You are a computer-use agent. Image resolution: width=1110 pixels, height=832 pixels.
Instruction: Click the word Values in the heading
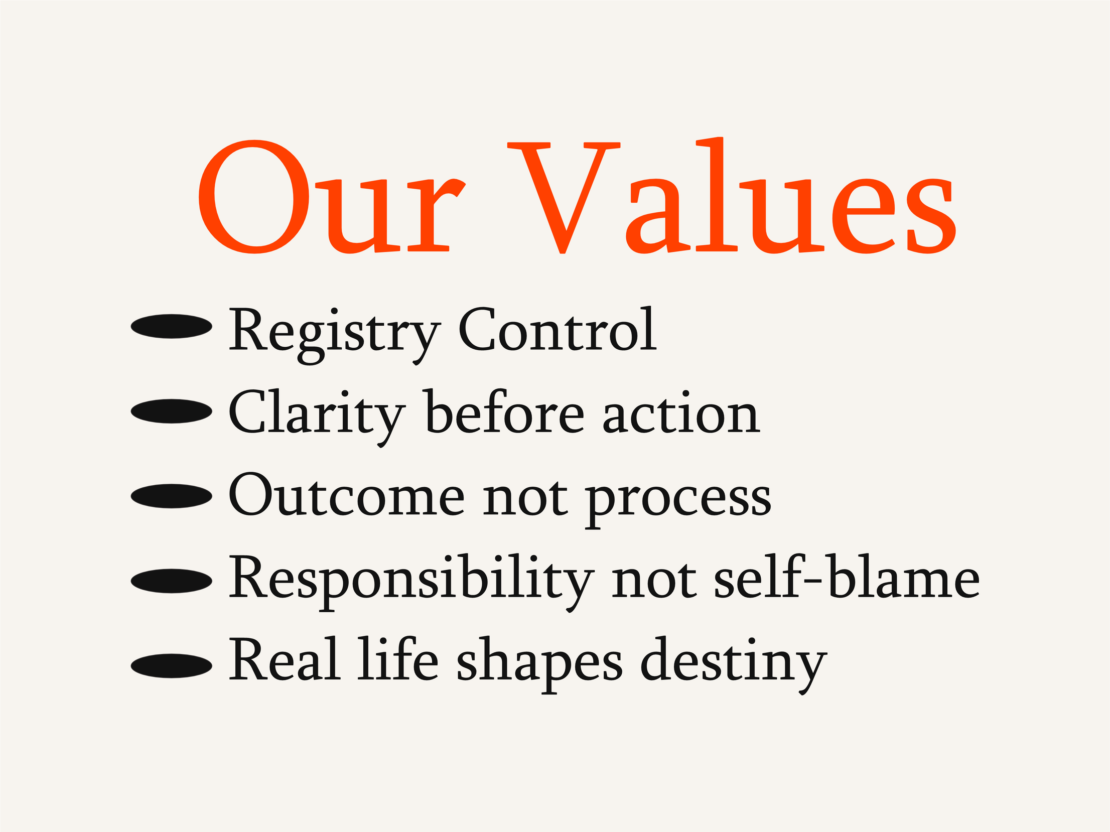pos(732,195)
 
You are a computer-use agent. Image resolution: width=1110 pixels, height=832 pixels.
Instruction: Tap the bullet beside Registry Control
pos(172,326)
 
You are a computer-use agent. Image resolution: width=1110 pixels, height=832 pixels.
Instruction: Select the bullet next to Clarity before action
pos(172,411)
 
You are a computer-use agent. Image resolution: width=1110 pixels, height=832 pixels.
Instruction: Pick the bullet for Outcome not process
pos(172,496)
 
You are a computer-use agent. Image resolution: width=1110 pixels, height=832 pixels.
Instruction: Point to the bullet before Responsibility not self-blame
pos(172,581)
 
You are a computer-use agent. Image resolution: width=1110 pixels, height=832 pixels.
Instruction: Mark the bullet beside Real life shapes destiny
pos(172,666)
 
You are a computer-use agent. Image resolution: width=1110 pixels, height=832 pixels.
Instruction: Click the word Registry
pos(335,335)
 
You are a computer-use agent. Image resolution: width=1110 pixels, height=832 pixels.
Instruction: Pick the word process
pos(678,502)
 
